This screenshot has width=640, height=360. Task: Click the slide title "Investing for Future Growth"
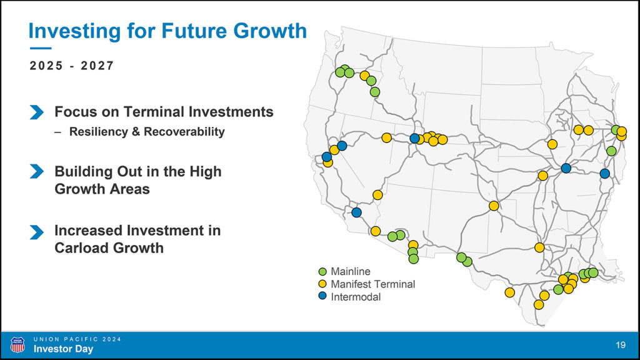pyautogui.click(x=167, y=31)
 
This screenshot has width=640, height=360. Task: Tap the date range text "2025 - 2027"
pyautogui.click(x=72, y=66)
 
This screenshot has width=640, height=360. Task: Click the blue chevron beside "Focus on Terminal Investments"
pyautogui.click(x=37, y=112)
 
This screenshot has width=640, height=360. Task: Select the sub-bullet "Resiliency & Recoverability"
pyautogui.click(x=147, y=132)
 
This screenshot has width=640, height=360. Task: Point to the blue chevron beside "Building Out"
pyautogui.click(x=37, y=171)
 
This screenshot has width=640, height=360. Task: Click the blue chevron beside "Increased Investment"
pyautogui.click(x=37, y=232)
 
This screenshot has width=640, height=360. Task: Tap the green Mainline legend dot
pyautogui.click(x=322, y=271)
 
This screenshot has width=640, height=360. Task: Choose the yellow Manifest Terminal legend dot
pyautogui.click(x=322, y=284)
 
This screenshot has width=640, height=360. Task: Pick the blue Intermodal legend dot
pyautogui.click(x=322, y=296)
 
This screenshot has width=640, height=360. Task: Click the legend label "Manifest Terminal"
pyautogui.click(x=372, y=284)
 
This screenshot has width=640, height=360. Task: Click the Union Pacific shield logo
pyautogui.click(x=17, y=345)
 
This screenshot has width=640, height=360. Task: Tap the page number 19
pyautogui.click(x=621, y=345)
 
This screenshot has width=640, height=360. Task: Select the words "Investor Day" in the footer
pyautogui.click(x=63, y=349)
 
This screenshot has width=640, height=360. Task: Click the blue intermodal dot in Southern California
pyautogui.click(x=356, y=212)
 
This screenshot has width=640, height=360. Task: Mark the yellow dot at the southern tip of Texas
pyautogui.click(x=538, y=304)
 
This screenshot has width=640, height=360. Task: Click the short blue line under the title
pyautogui.click(x=41, y=49)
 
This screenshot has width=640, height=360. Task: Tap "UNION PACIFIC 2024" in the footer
pyautogui.click(x=77, y=339)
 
